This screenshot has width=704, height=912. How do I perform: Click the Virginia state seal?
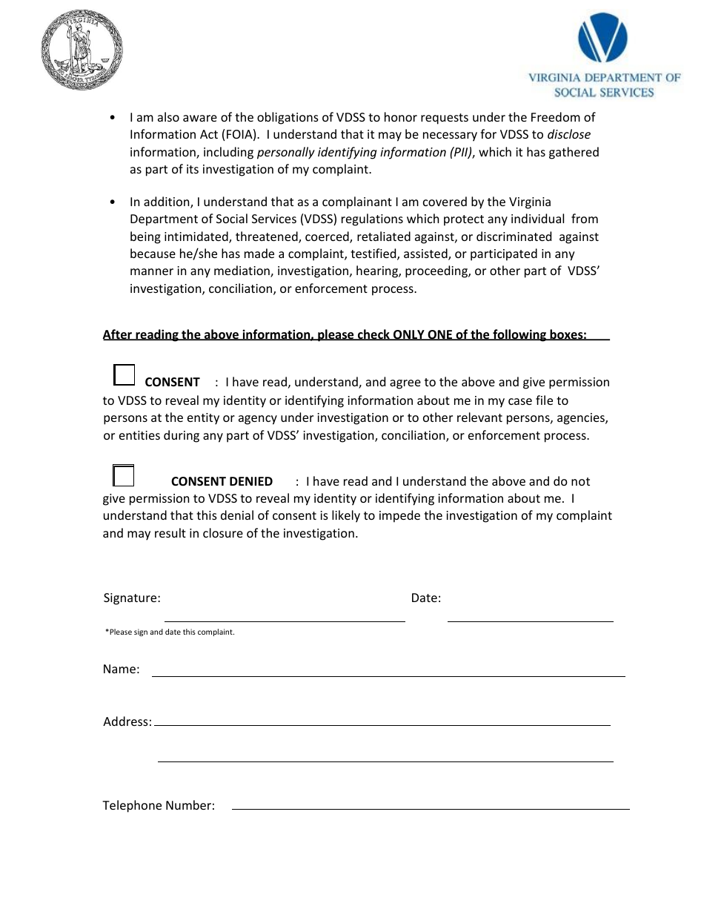pyautogui.click(x=82, y=50)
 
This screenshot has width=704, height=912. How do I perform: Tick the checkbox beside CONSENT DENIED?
pyautogui.click(x=123, y=475)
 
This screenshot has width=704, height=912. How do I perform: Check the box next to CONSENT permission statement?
pyautogui.click(x=124, y=375)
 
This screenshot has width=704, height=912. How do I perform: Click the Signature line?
pyautogui.click(x=285, y=615)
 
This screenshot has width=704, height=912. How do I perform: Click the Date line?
pyautogui.click(x=530, y=615)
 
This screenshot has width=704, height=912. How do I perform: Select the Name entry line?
pyautogui.click(x=388, y=671)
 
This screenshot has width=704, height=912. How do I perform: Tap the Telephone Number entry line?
pyautogui.click(x=430, y=804)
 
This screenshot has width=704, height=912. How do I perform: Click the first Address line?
pyautogui.click(x=382, y=720)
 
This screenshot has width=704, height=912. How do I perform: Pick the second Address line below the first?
pyautogui.click(x=385, y=756)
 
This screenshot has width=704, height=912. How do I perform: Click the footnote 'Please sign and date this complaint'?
pyautogui.click(x=170, y=632)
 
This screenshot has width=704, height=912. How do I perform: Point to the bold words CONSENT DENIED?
pyautogui.click(x=222, y=481)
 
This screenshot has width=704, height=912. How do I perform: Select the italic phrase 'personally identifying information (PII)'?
pyautogui.click(x=365, y=152)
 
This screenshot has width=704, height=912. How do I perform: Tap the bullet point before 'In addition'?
pyautogui.click(x=112, y=202)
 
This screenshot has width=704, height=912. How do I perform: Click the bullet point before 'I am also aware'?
pyautogui.click(x=112, y=117)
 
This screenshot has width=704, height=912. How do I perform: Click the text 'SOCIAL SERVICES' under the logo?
pyautogui.click(x=604, y=93)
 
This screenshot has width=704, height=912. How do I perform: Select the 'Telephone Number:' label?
pyautogui.click(x=159, y=805)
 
